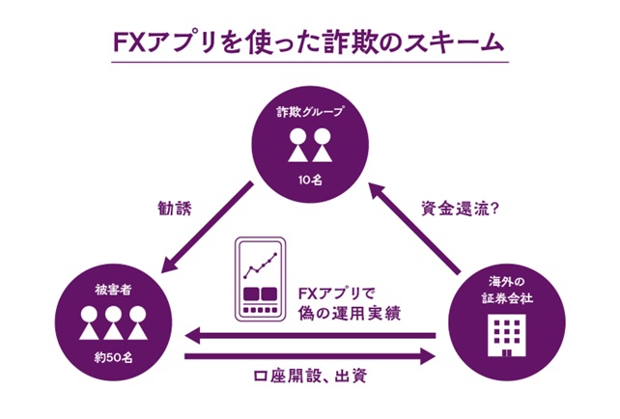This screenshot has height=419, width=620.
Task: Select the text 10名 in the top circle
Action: [308, 181]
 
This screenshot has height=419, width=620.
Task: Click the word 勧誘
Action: [176, 206]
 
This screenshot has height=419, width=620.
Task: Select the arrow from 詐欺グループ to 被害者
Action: [209, 226]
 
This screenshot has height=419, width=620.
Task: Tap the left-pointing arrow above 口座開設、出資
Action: [309, 336]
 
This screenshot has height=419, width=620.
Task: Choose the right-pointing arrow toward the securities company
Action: [309, 357]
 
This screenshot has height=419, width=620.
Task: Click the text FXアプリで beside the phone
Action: [333, 292]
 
